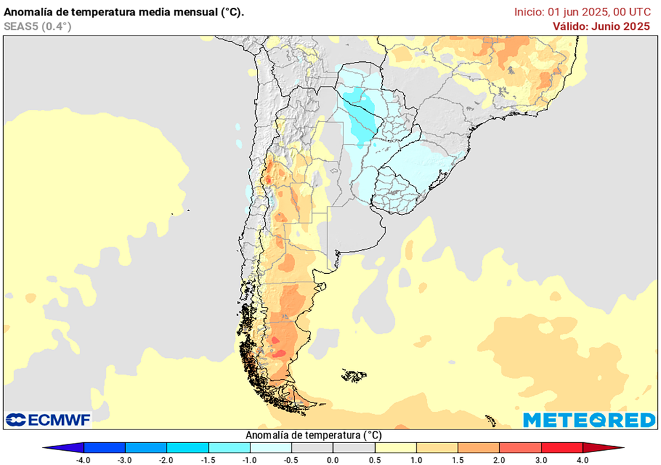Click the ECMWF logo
tap(48, 420)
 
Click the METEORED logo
tap(589, 420)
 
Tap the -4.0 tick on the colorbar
tap(83, 460)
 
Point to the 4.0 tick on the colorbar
tap(583, 460)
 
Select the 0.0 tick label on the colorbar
tap(333, 460)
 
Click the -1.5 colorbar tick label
tap(208, 460)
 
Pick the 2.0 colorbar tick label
tap(500, 460)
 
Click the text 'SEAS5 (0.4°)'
tap(37, 26)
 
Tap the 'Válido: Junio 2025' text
tap(601, 26)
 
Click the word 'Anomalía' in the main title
tap(26, 12)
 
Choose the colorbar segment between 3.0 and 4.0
tap(562, 448)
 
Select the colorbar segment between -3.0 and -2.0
tap(146, 448)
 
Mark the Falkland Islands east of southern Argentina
tap(354, 375)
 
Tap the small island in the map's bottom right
tap(491, 421)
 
